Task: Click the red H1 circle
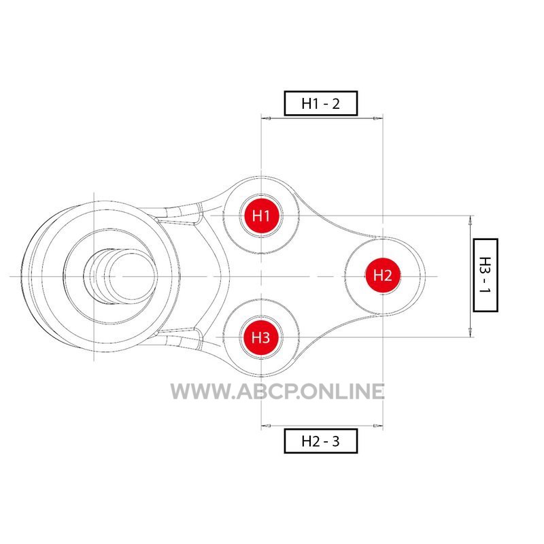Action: [261, 216]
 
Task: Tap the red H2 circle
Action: [383, 276]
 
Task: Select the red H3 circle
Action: [261, 337]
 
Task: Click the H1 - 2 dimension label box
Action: [320, 103]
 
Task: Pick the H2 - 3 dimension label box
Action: [320, 441]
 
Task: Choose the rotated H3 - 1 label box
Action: [486, 275]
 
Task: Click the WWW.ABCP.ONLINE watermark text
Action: [277, 392]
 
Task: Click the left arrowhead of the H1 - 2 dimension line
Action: [266, 118]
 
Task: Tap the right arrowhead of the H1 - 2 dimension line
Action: [378, 118]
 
